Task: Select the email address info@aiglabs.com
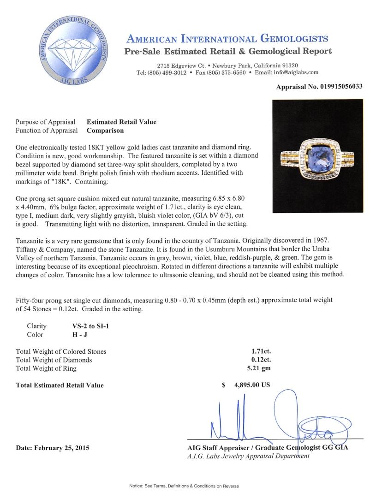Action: click(294, 72)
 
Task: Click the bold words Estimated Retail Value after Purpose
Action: click(121, 122)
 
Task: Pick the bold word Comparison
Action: click(105, 130)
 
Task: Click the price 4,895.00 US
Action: click(252, 385)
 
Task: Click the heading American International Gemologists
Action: click(227, 39)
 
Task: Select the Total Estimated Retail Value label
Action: click(60, 385)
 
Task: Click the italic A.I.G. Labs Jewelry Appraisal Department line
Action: click(247, 456)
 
